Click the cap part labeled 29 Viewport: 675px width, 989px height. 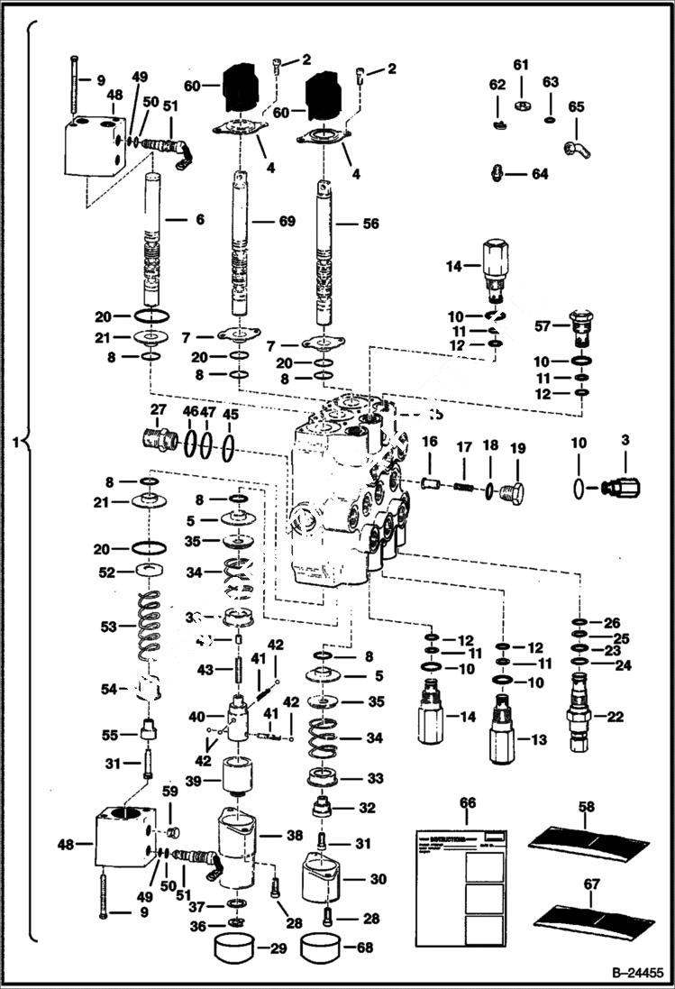point(232,948)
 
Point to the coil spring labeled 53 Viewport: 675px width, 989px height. point(151,625)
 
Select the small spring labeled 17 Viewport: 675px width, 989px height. point(463,487)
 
